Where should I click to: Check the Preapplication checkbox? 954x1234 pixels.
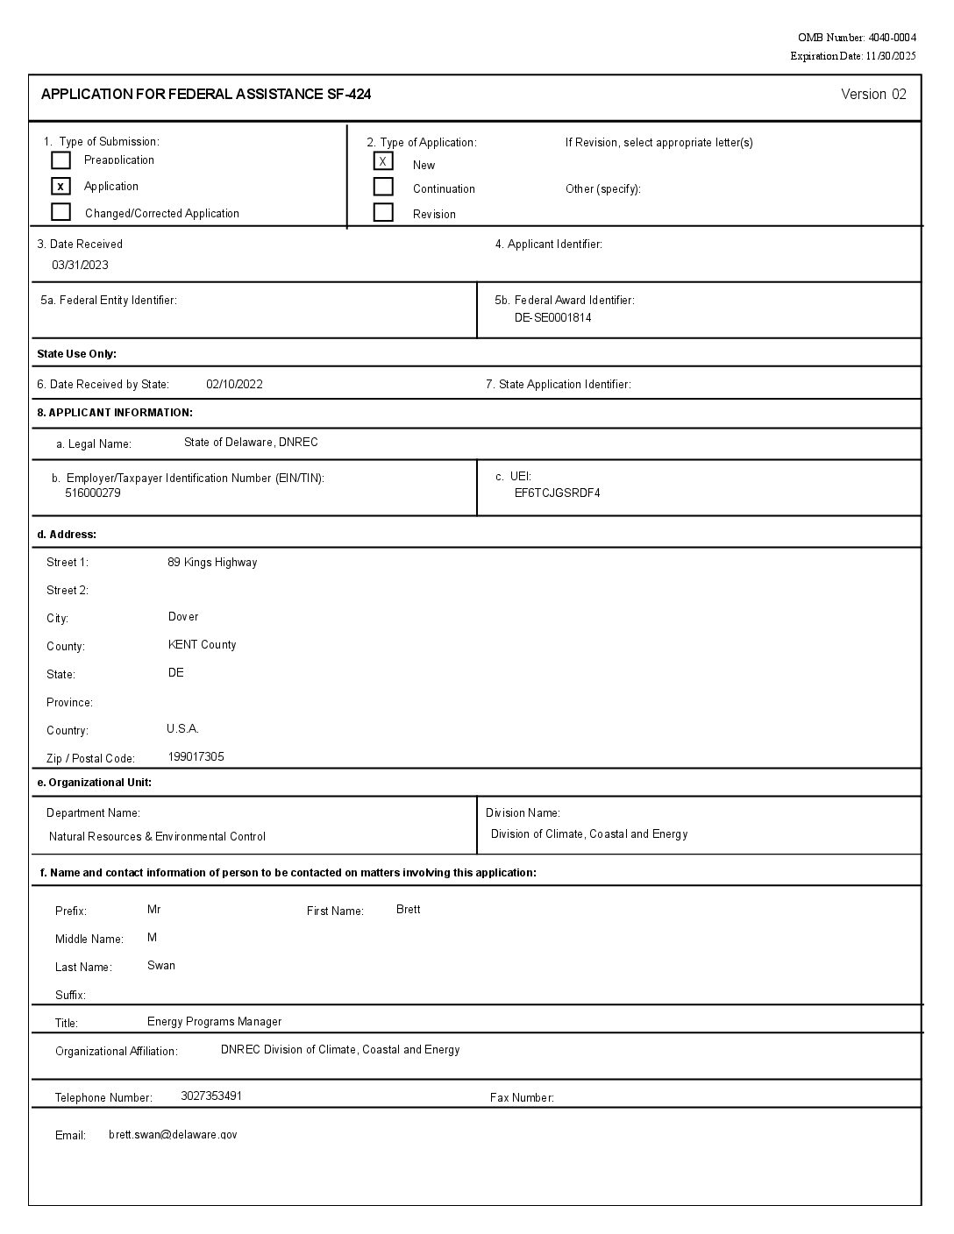pyautogui.click(x=61, y=160)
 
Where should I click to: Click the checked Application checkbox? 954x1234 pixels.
pyautogui.click(x=61, y=187)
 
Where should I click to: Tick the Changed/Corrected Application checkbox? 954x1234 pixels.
pyautogui.click(x=61, y=212)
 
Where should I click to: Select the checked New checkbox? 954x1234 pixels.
pyautogui.click(x=383, y=161)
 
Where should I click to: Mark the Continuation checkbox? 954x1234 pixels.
pyautogui.click(x=383, y=187)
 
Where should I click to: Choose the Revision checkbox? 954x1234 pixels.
pyautogui.click(x=383, y=212)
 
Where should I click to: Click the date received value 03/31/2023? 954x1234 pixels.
pyautogui.click(x=80, y=266)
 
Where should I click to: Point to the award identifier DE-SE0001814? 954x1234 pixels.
pyautogui.click(x=552, y=318)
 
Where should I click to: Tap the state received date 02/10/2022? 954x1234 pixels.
pyautogui.click(x=234, y=385)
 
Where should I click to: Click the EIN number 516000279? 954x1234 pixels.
pyautogui.click(x=93, y=493)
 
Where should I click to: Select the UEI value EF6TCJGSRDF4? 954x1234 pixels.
pyautogui.click(x=557, y=493)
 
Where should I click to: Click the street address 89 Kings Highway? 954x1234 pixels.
pyautogui.click(x=212, y=563)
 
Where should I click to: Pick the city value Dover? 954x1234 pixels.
pyautogui.click(x=183, y=617)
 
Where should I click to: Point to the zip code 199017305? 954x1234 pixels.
pyautogui.click(x=196, y=757)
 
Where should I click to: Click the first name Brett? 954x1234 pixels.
pyautogui.click(x=408, y=910)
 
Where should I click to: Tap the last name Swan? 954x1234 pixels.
pyautogui.click(x=161, y=966)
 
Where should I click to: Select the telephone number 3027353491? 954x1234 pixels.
pyautogui.click(x=211, y=1096)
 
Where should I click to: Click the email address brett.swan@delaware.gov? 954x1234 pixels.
pyautogui.click(x=173, y=1135)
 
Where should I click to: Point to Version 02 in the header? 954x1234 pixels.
pyautogui.click(x=873, y=95)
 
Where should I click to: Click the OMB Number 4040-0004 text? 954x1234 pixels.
pyautogui.click(x=857, y=38)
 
